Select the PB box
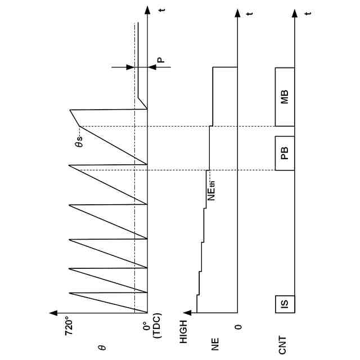point(285,152)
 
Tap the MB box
point(285,97)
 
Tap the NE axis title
point(215,345)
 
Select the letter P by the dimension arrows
point(159,60)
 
